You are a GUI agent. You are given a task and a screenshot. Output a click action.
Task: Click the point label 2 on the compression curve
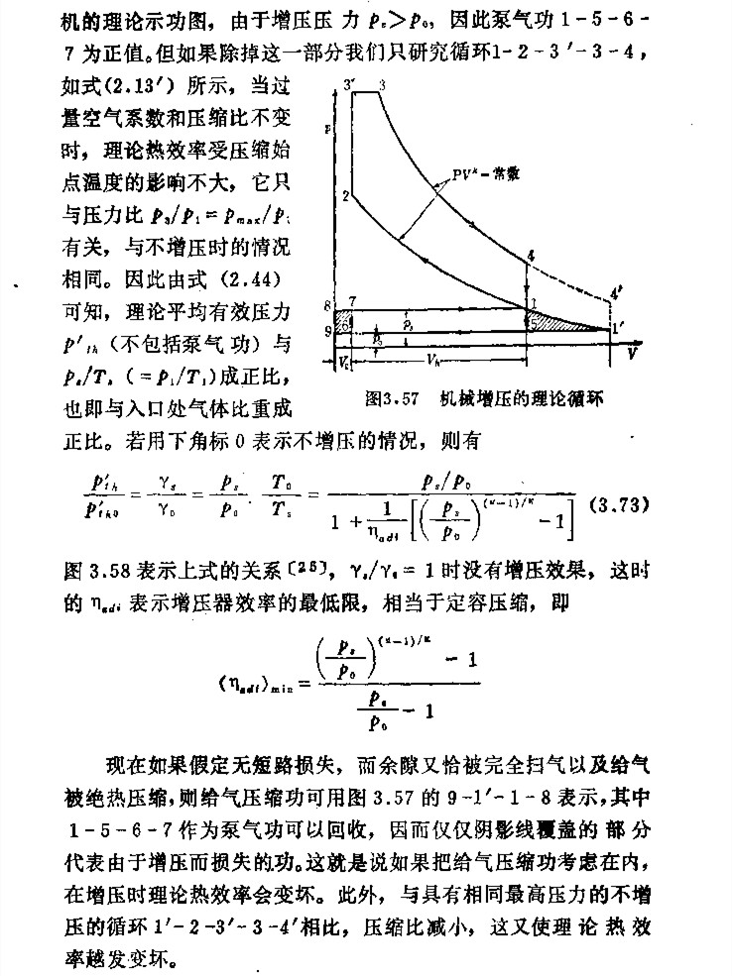point(344,196)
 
